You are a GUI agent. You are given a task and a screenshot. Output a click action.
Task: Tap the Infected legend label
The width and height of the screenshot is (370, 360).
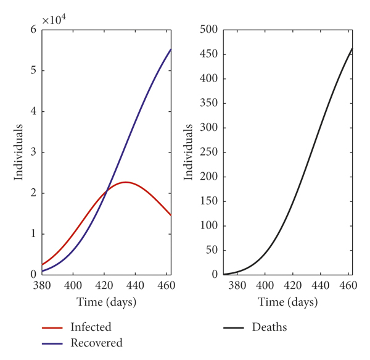click(x=91, y=327)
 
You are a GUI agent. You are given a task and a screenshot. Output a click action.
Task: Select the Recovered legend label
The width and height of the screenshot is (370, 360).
click(x=96, y=343)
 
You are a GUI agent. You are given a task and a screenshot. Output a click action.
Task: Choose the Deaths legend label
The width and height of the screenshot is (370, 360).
click(x=269, y=327)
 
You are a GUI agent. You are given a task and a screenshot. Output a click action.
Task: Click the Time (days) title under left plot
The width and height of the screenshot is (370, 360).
click(x=106, y=303)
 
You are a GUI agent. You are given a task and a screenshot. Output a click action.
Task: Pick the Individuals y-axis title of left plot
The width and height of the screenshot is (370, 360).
click(x=20, y=152)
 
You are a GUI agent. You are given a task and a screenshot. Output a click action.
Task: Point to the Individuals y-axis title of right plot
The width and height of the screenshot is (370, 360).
click(x=189, y=152)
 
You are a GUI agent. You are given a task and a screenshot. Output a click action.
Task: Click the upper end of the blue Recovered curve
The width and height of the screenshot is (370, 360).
click(x=171, y=49)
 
